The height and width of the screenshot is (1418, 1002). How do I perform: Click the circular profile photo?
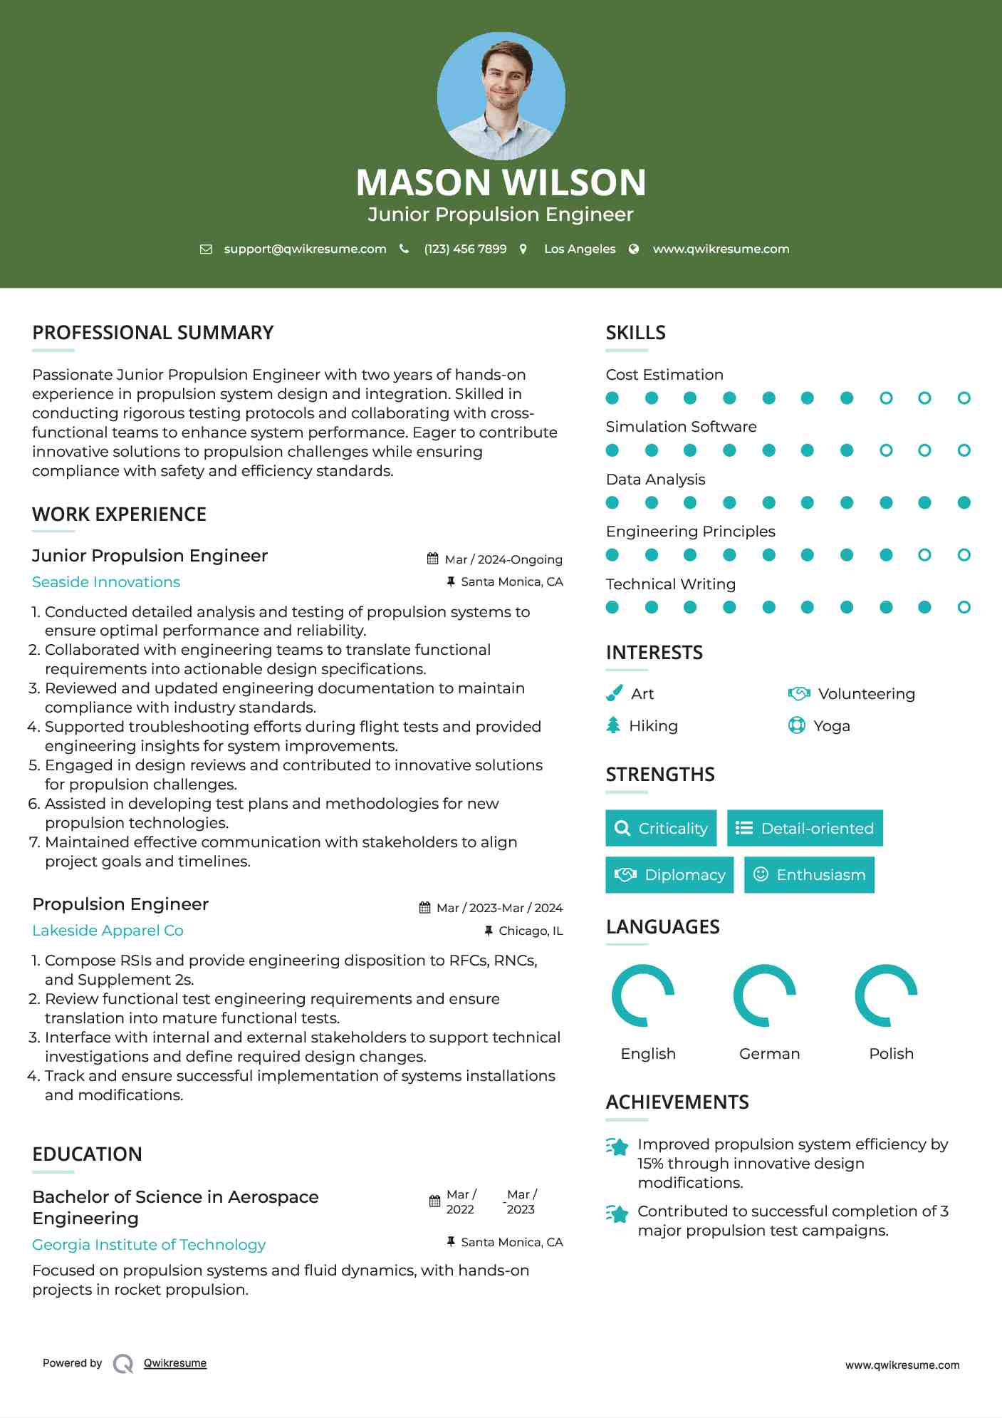[x=501, y=95]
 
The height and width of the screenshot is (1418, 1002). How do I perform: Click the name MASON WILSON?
[x=501, y=182]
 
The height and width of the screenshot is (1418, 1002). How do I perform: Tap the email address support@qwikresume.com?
[x=305, y=249]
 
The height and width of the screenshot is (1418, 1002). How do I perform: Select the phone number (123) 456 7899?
[x=465, y=249]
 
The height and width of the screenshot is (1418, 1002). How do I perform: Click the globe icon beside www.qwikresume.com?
[x=634, y=249]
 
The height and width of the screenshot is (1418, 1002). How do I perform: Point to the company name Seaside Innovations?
[x=106, y=582]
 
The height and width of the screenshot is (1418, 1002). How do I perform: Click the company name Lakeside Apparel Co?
[x=108, y=931]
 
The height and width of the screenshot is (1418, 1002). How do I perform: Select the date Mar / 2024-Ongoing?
[x=503, y=559]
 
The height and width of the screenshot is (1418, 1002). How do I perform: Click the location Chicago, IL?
[x=530, y=931]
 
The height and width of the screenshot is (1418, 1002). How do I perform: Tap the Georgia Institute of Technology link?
[x=149, y=1245]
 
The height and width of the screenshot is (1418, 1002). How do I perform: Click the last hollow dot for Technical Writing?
[x=964, y=607]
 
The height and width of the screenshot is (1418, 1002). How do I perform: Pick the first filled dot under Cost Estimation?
[x=612, y=398]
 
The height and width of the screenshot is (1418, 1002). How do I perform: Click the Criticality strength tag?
[x=661, y=828]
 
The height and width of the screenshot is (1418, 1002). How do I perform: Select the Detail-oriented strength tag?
[x=805, y=828]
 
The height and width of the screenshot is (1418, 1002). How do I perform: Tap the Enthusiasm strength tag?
[x=809, y=875]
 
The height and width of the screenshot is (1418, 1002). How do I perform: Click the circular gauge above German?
[x=765, y=995]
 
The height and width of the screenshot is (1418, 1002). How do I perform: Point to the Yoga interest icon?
[x=796, y=725]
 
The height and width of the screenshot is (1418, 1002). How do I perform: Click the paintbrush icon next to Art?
[x=614, y=693]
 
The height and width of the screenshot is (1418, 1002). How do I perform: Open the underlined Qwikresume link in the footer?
[x=175, y=1363]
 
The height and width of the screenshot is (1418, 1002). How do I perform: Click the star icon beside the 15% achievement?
[x=617, y=1147]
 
